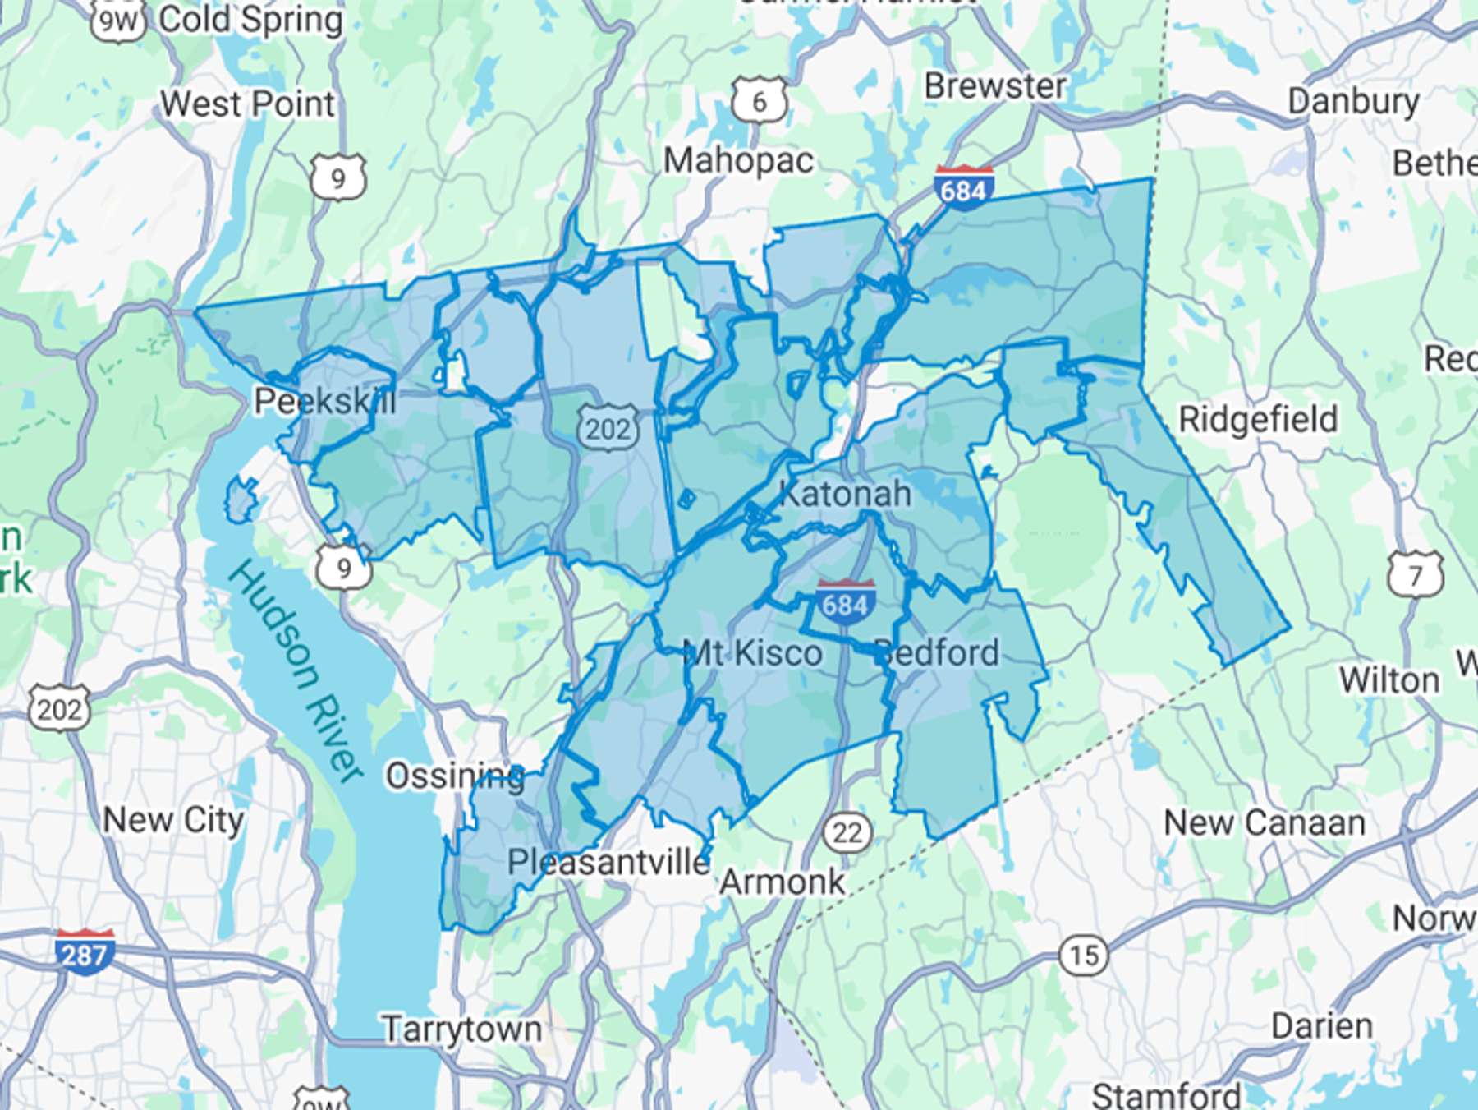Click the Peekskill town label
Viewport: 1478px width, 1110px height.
pos(324,402)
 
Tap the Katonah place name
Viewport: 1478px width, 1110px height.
pos(845,494)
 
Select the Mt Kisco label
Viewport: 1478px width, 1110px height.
pos(752,653)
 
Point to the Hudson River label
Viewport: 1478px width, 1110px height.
pos(296,670)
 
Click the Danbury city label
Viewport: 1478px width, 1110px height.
pos(1353,101)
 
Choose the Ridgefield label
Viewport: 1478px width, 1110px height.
pos(1258,419)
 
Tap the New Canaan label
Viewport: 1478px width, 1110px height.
pos(1265,822)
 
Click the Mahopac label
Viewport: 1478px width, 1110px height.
pos(738,160)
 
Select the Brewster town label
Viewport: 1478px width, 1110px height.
pos(995,85)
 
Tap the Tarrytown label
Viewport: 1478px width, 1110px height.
pos(462,1029)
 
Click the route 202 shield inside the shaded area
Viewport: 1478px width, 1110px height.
pos(607,428)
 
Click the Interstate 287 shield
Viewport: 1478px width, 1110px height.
pos(85,952)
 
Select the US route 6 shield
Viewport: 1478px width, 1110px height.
pos(760,101)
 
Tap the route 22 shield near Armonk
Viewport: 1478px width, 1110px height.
pos(847,833)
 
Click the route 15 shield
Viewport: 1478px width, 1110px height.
pos(1084,955)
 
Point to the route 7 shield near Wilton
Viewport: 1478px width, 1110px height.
pos(1416,574)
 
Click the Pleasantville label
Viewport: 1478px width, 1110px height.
pos(608,862)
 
